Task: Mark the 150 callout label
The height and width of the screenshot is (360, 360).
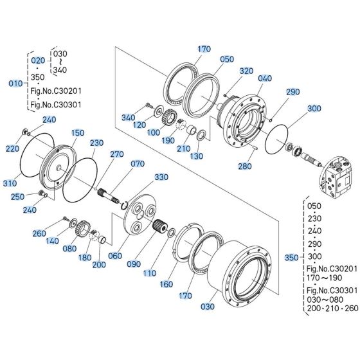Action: (x=77, y=132)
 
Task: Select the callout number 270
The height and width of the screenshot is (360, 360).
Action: (x=116, y=154)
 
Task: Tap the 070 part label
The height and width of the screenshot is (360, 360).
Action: (x=138, y=164)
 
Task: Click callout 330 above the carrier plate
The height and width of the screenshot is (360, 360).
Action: (x=161, y=176)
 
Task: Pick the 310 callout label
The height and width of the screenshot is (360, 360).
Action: (x=10, y=184)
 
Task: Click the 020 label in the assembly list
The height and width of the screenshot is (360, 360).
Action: (x=38, y=59)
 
